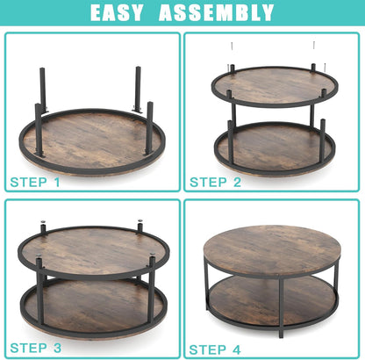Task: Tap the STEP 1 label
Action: tap(36, 182)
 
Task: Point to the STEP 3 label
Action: tap(36, 348)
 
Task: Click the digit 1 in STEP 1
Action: tap(57, 182)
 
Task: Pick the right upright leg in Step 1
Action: tap(138, 88)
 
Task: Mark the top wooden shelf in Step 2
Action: tap(274, 85)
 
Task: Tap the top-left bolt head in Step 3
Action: tap(42, 226)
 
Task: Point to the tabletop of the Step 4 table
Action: tap(271, 248)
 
